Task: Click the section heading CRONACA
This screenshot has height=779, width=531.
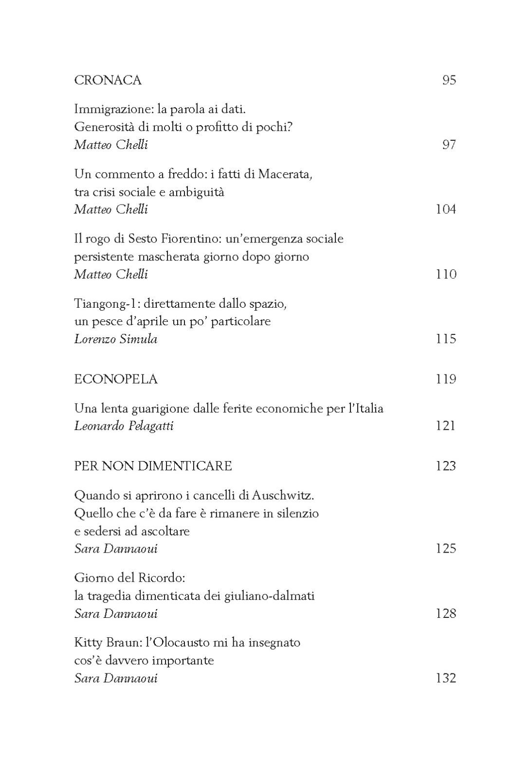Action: click(108, 80)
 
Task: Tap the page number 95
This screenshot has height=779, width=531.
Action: click(449, 80)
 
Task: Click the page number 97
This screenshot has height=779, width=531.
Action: click(449, 145)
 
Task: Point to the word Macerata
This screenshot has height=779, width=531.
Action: click(284, 174)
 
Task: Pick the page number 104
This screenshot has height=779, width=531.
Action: click(445, 209)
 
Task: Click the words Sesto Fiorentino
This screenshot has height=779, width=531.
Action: click(181, 239)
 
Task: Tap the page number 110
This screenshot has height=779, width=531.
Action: click(445, 274)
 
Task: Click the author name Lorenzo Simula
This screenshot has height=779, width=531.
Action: click(116, 339)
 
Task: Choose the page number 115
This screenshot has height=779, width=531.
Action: click(445, 339)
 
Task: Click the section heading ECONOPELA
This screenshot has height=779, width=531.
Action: click(116, 379)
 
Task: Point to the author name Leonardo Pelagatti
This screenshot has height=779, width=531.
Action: click(124, 426)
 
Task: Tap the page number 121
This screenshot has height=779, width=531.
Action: click(445, 426)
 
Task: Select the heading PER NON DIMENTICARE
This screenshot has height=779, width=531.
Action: click(153, 466)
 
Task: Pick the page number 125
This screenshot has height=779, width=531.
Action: click(445, 549)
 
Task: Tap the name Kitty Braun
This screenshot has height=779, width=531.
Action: click(107, 643)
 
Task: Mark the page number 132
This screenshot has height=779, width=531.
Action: click(445, 678)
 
